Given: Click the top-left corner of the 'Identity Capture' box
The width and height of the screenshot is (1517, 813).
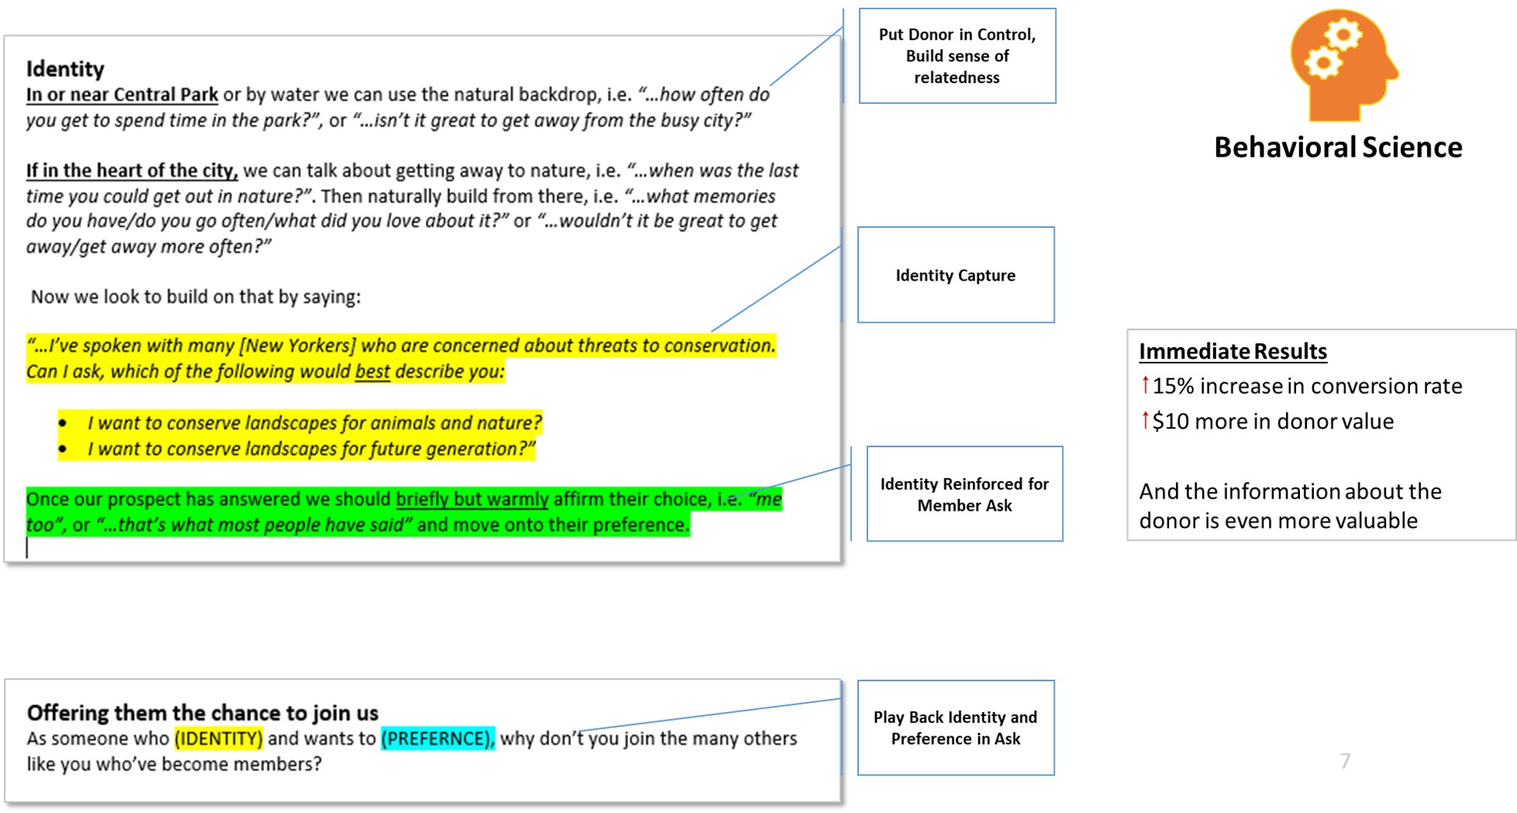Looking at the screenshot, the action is tap(858, 227).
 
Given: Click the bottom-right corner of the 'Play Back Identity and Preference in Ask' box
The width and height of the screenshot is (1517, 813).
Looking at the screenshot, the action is tap(1054, 775).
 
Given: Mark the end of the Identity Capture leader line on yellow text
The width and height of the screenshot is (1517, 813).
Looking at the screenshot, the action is tap(712, 332).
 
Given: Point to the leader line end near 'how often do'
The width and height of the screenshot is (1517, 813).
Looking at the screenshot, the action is tap(770, 85).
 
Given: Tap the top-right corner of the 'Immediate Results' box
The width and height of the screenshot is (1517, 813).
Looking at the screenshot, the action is tap(1515, 330).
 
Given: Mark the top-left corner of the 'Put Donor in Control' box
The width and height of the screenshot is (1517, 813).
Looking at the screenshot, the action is tap(859, 9).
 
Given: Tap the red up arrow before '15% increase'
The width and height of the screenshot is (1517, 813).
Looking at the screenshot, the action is tap(1145, 384).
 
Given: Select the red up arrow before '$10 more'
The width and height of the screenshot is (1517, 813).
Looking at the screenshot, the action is tap(1145, 419).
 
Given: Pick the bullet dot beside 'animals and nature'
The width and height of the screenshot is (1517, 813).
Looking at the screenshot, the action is tap(63, 423).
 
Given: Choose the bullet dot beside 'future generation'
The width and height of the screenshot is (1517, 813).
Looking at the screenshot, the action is tap(63, 450).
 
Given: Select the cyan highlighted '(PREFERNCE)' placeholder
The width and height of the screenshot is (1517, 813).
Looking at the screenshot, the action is tap(438, 738).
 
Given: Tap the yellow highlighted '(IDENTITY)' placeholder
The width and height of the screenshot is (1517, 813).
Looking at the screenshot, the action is tap(219, 738).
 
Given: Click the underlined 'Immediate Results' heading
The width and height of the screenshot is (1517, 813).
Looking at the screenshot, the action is tap(1233, 352).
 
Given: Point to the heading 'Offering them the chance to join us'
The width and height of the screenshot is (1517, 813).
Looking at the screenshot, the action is tap(202, 712).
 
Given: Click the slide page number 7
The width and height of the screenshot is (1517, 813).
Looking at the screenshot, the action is tap(1345, 761).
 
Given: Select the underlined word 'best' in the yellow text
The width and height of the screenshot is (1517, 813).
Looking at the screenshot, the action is tap(372, 372).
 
